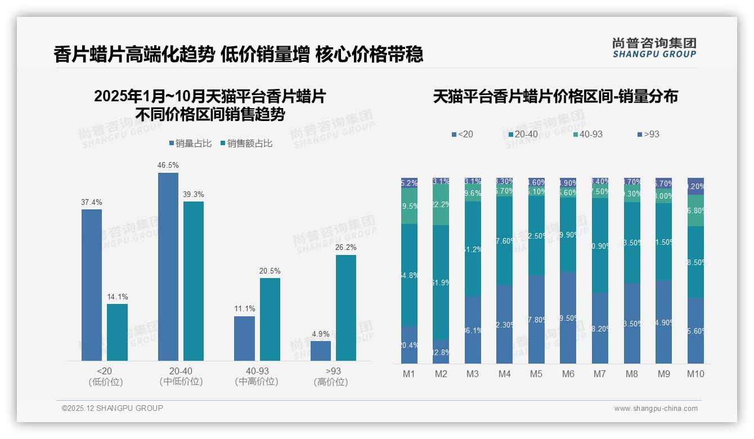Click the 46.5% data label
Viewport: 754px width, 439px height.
[168, 165]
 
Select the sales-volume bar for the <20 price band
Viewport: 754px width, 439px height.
[92, 285]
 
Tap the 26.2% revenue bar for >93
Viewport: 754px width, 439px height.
[346, 308]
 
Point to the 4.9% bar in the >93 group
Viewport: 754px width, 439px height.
[321, 351]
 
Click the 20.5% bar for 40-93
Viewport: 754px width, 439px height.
[270, 319]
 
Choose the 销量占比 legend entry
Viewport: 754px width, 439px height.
[190, 144]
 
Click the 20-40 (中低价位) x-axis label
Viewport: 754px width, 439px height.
[181, 376]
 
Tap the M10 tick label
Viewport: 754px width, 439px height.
[695, 374]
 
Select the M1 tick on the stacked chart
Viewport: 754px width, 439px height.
[409, 374]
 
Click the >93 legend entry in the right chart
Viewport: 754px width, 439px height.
[648, 135]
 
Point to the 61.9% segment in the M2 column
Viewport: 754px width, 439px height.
[441, 283]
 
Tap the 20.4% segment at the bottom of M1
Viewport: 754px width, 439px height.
[409, 344]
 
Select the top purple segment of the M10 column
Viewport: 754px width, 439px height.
[695, 186]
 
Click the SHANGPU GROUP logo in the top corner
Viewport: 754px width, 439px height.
[654, 48]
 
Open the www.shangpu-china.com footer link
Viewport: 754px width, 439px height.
[656, 409]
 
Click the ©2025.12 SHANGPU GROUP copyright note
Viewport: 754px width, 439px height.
[113, 408]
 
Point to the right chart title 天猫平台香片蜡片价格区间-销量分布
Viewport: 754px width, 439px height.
[555, 96]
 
